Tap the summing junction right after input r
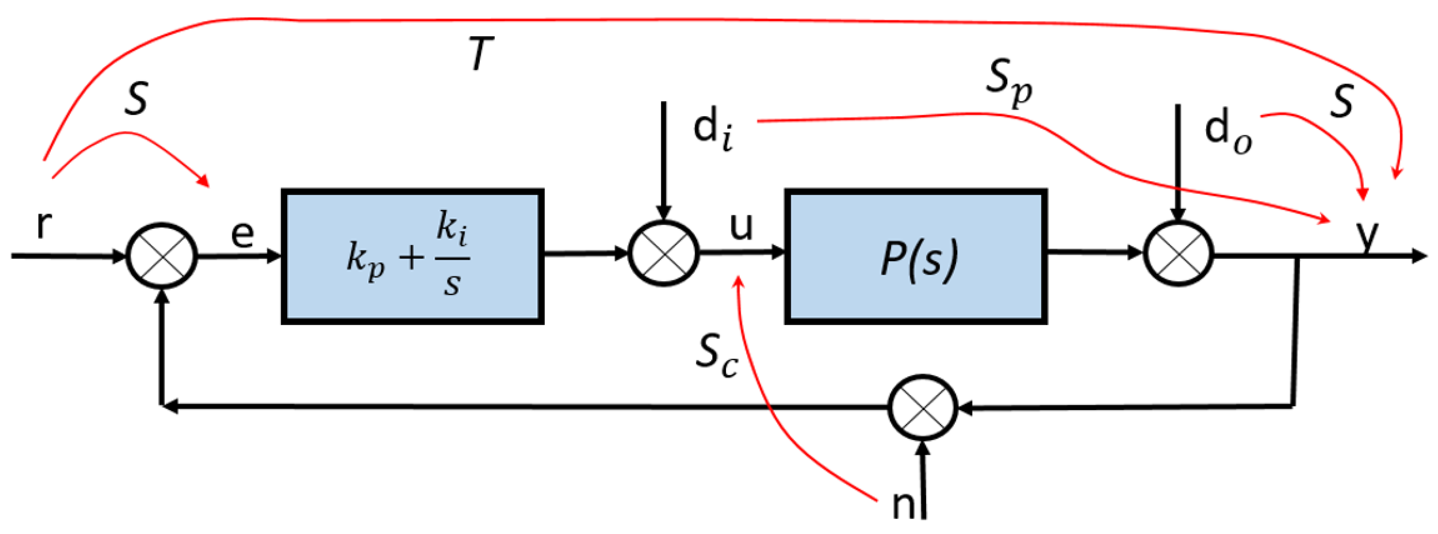[162, 256]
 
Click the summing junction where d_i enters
[664, 254]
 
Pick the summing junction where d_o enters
[1178, 254]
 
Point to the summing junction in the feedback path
[923, 408]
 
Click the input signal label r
[44, 224]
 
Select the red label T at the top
[481, 54]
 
